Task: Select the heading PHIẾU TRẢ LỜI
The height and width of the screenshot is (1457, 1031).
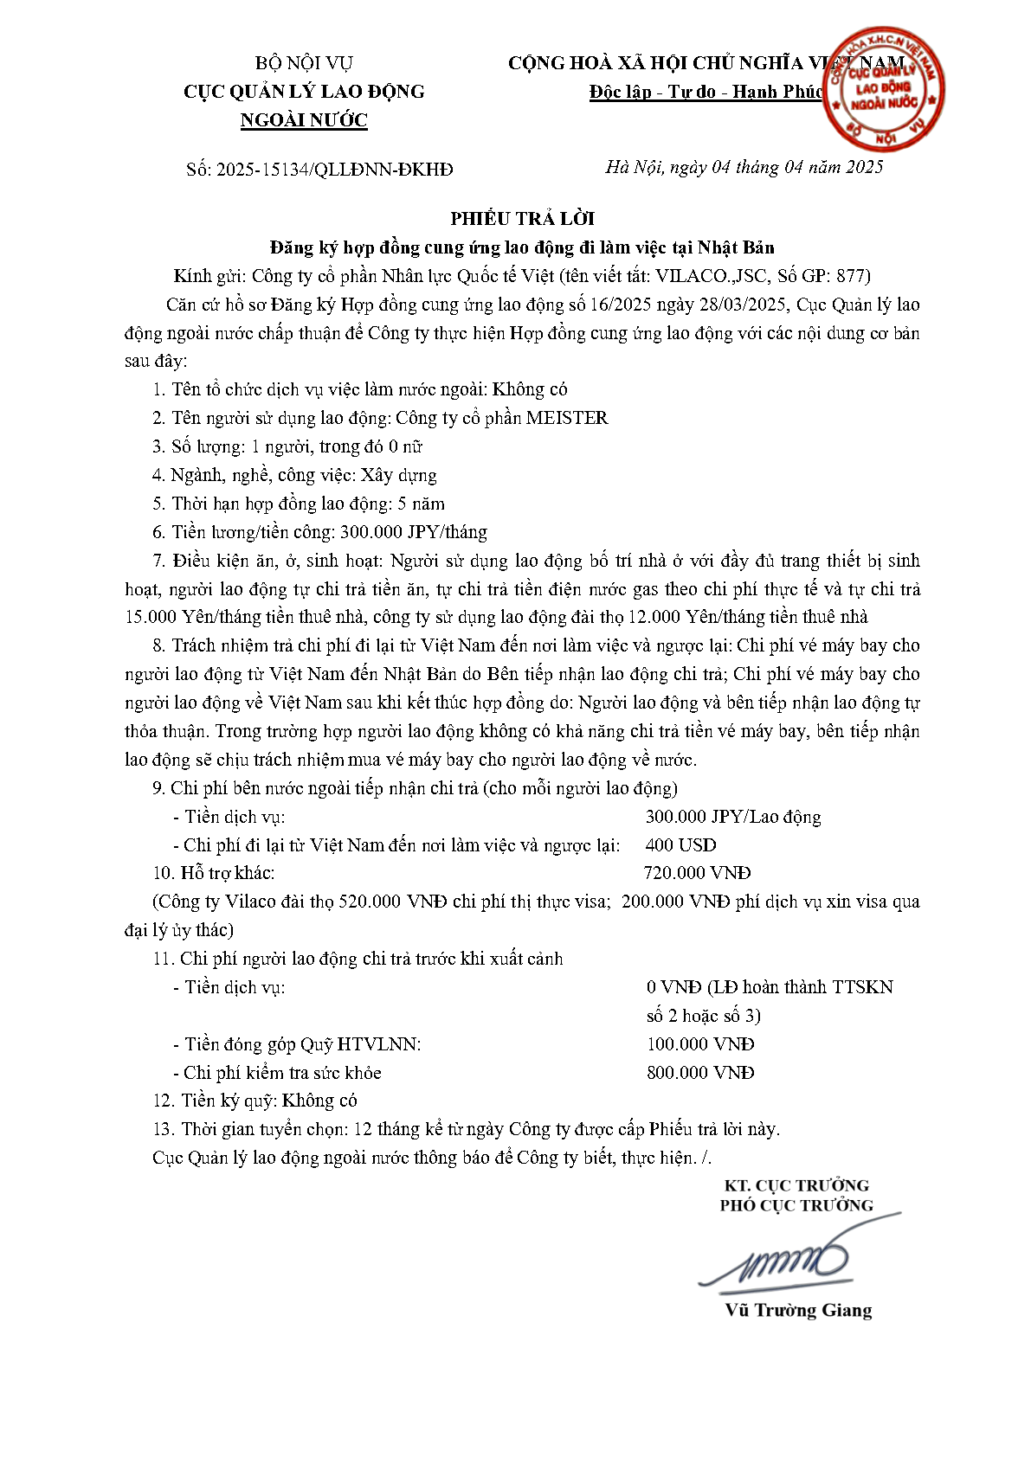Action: pyautogui.click(x=522, y=219)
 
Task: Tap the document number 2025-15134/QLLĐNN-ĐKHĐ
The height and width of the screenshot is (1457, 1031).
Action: pyautogui.click(x=334, y=170)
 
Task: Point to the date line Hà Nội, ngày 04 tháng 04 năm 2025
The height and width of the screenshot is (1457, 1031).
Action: pyautogui.click(x=744, y=168)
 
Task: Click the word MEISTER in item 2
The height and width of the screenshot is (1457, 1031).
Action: pyautogui.click(x=567, y=418)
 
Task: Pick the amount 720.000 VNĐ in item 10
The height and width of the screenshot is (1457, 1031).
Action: pyautogui.click(x=697, y=874)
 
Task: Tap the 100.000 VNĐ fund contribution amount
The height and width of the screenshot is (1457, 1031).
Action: pyautogui.click(x=700, y=1044)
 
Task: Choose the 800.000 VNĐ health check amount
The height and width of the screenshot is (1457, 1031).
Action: pyautogui.click(x=700, y=1073)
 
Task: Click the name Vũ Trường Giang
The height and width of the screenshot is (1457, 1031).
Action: pyautogui.click(x=798, y=1310)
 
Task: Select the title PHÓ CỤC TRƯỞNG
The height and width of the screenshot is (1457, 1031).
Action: pyautogui.click(x=796, y=1205)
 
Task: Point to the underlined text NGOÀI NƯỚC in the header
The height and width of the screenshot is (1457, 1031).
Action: pyautogui.click(x=304, y=120)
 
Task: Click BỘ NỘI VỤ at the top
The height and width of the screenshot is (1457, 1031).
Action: pyautogui.click(x=304, y=63)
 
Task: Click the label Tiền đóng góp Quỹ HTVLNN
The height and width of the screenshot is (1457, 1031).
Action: pyautogui.click(x=303, y=1044)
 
